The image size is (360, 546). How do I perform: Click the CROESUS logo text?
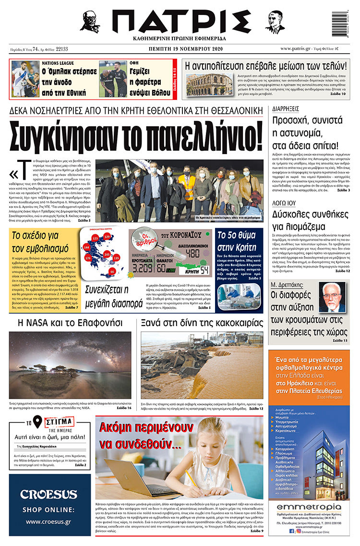[49, 495]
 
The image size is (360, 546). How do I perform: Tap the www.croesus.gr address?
[49, 522]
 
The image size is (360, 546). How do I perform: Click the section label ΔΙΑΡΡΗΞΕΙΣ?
[285, 109]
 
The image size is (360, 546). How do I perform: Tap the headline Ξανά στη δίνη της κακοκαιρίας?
[202, 322]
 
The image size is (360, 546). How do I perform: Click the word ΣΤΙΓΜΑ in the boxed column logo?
[59, 423]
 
